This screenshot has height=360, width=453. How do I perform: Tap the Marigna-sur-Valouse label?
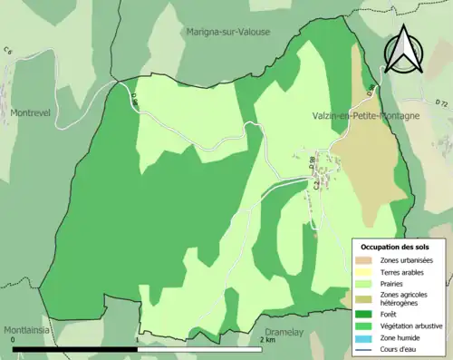[228, 32]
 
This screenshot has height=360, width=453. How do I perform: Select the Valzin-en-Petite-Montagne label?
[364, 116]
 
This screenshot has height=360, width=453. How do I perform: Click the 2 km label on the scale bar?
[267, 340]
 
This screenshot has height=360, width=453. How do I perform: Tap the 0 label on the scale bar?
[14, 340]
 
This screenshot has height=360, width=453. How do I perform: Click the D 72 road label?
[441, 104]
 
